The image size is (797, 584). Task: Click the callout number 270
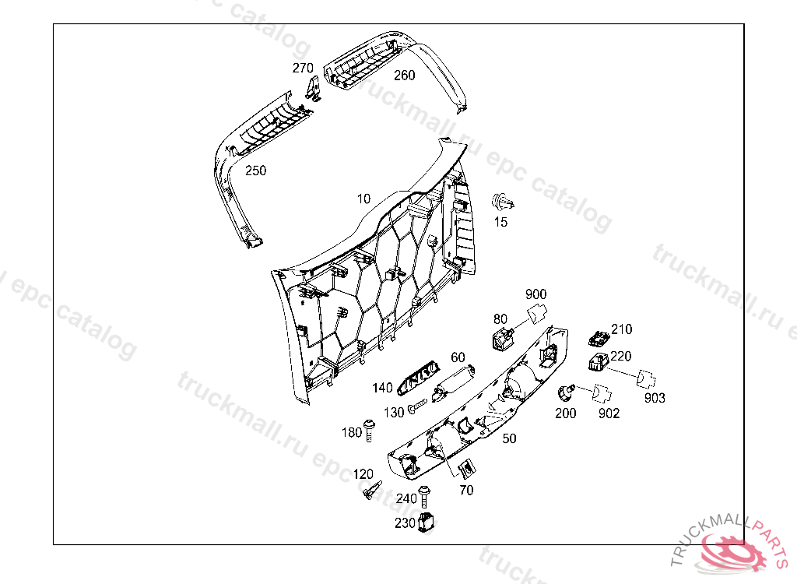coord(303,68)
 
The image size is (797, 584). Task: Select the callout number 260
coord(404,76)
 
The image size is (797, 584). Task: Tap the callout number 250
coord(255,171)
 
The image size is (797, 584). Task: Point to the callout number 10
coord(363,199)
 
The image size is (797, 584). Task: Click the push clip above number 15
coord(503,203)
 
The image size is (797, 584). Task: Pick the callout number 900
coord(535,294)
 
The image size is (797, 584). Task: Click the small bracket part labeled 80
coord(504,339)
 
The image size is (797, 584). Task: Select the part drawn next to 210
coord(599,338)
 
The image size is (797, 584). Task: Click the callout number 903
coord(655,398)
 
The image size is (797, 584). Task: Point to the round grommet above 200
coord(567,390)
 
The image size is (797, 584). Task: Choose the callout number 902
coord(609,413)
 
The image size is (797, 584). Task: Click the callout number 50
coord(509,439)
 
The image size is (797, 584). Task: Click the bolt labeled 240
coord(424,496)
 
